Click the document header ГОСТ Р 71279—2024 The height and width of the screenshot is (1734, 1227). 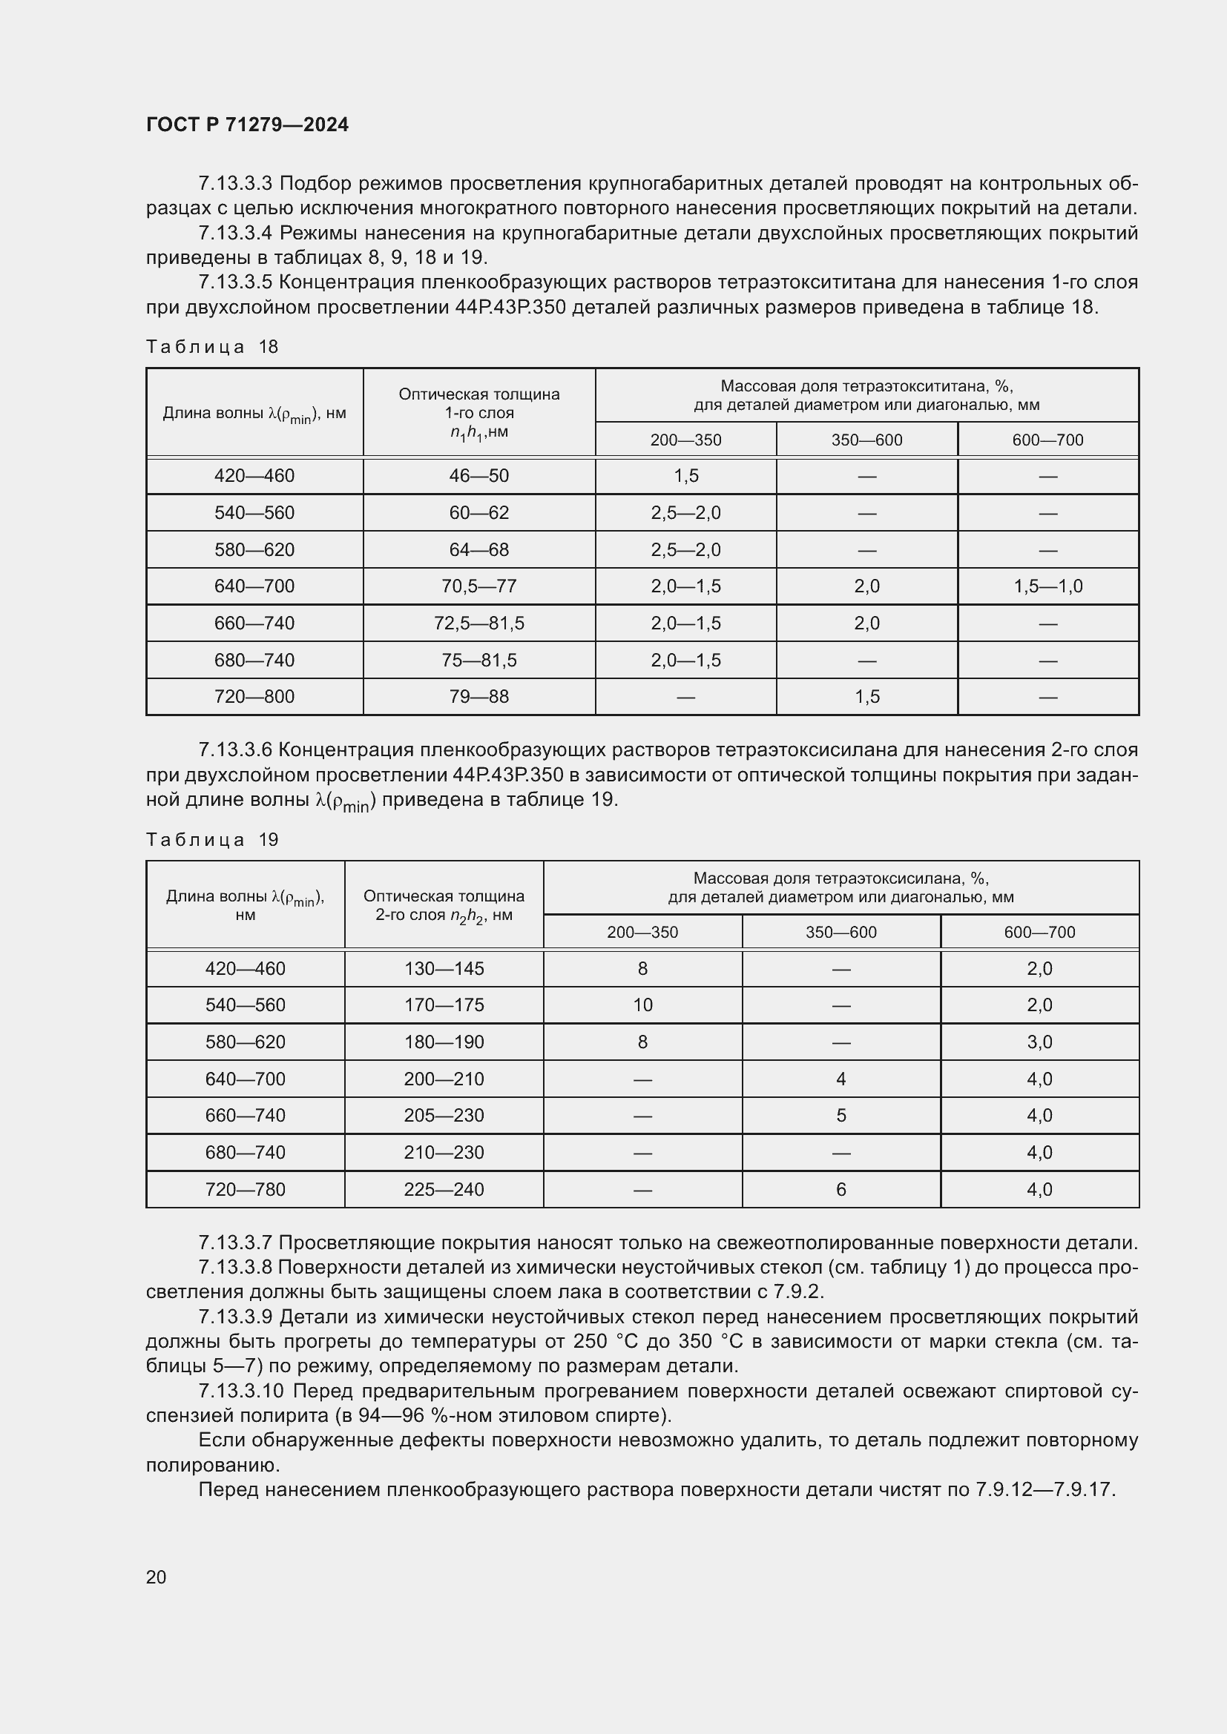point(247,125)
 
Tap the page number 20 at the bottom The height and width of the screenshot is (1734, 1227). point(156,1577)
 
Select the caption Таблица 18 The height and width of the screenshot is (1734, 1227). point(212,347)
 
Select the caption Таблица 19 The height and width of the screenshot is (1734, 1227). point(212,840)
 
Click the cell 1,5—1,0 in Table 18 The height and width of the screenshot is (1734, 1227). point(1047,586)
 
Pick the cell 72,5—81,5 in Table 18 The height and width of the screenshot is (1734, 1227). point(479,623)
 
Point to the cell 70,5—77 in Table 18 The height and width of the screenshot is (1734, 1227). point(479,586)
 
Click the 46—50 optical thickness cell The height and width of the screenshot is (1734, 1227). point(479,476)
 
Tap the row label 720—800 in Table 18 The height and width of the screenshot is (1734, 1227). point(254,696)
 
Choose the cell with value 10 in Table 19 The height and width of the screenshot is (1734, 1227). point(642,1005)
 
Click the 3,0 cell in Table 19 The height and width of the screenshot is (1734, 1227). point(1039,1042)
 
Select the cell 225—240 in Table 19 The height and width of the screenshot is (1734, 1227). point(444,1189)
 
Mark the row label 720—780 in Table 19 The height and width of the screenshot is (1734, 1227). point(246,1189)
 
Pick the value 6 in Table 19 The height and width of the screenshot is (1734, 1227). point(841,1189)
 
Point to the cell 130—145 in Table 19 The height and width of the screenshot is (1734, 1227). point(444,969)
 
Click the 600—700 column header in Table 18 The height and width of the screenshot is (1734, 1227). point(1047,440)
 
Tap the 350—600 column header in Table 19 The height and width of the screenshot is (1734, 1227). point(841,933)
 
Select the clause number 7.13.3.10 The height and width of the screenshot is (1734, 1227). point(241,1391)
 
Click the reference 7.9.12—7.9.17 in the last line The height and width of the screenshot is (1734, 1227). point(1045,1490)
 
